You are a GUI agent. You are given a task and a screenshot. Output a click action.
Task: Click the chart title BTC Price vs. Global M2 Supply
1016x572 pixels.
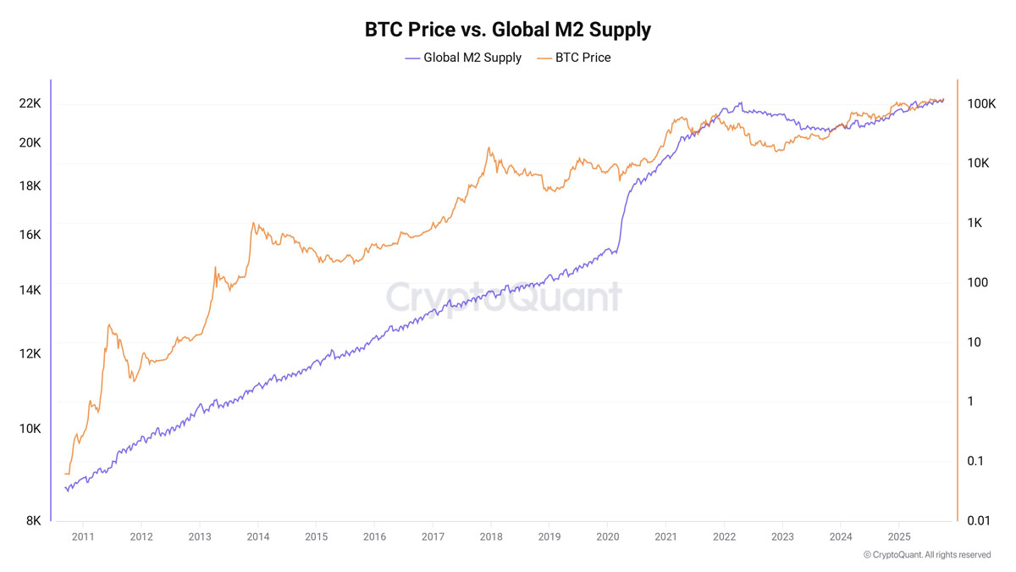coord(508,30)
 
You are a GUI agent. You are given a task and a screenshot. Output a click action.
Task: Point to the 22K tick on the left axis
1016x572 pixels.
coord(30,103)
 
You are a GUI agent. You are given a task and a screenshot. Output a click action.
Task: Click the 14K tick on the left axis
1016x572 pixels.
coord(30,290)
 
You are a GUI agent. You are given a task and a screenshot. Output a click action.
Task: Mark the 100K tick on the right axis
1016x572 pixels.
coord(980,103)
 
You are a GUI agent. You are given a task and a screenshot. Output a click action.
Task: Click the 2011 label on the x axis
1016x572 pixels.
coord(83,536)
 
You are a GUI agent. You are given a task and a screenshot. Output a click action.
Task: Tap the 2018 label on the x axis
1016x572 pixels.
coord(491,536)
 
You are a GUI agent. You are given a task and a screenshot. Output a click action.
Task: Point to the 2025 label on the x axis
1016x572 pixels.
coord(899,536)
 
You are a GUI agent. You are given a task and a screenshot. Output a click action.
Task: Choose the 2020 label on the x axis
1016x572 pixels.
coord(608,536)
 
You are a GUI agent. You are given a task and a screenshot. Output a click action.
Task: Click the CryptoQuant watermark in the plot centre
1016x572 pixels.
coord(504,297)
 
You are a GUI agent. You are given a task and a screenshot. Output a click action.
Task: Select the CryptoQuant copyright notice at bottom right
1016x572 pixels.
coord(927,555)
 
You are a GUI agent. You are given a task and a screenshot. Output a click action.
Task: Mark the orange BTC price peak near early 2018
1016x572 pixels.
coord(489,148)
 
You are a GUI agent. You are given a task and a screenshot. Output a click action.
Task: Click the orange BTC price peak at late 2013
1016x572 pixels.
coord(253,224)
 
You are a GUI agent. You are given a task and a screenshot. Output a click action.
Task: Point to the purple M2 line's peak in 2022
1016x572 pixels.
coord(741,103)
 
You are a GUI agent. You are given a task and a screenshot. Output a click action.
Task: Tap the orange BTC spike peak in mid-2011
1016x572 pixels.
coord(109,325)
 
